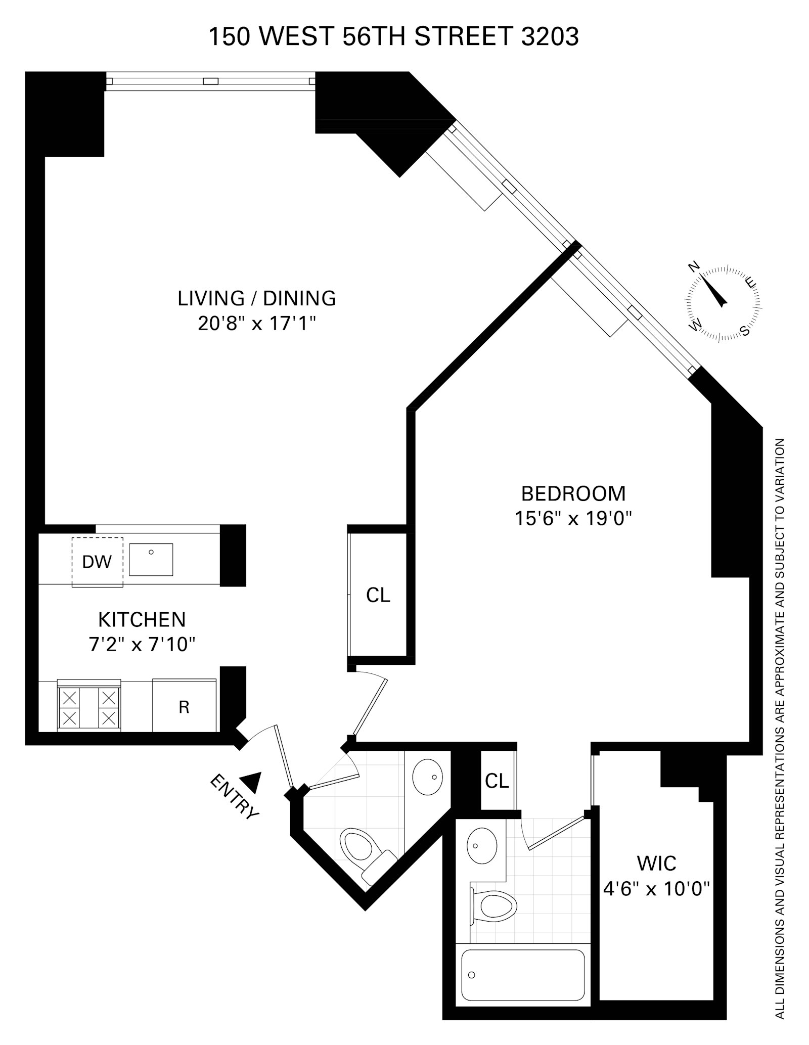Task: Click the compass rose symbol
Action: click(723, 302)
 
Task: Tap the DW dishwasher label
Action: click(97, 561)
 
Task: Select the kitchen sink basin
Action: click(151, 559)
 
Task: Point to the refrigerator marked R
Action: click(184, 707)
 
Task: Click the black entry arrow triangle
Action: click(251, 782)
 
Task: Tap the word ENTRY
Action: click(234, 796)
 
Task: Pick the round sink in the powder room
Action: click(427, 777)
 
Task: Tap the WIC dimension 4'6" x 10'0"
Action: click(656, 888)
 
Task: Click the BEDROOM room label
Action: click(573, 493)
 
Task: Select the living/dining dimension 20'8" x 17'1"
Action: click(256, 323)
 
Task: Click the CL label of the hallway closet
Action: click(378, 595)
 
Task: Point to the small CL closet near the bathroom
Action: click(497, 781)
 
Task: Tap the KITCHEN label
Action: click(142, 619)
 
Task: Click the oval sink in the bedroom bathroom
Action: click(481, 846)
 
